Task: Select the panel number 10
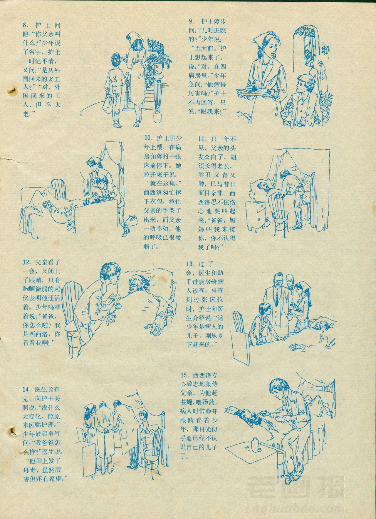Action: point(148,138)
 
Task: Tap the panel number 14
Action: point(26,390)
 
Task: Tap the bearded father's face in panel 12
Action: point(135,283)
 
